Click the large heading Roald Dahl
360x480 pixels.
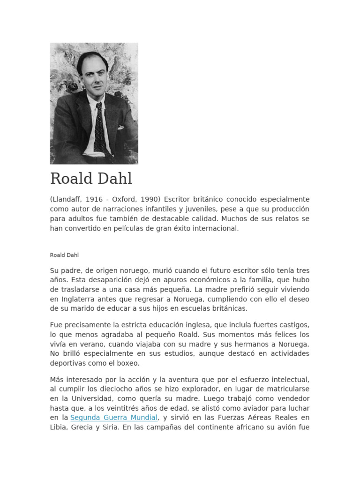(x=91, y=179)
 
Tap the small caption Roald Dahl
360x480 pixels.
(x=65, y=255)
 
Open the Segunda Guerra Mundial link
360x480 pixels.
(x=114, y=418)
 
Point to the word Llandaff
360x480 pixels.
(x=68, y=199)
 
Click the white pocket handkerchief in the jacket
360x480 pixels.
(x=121, y=127)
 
